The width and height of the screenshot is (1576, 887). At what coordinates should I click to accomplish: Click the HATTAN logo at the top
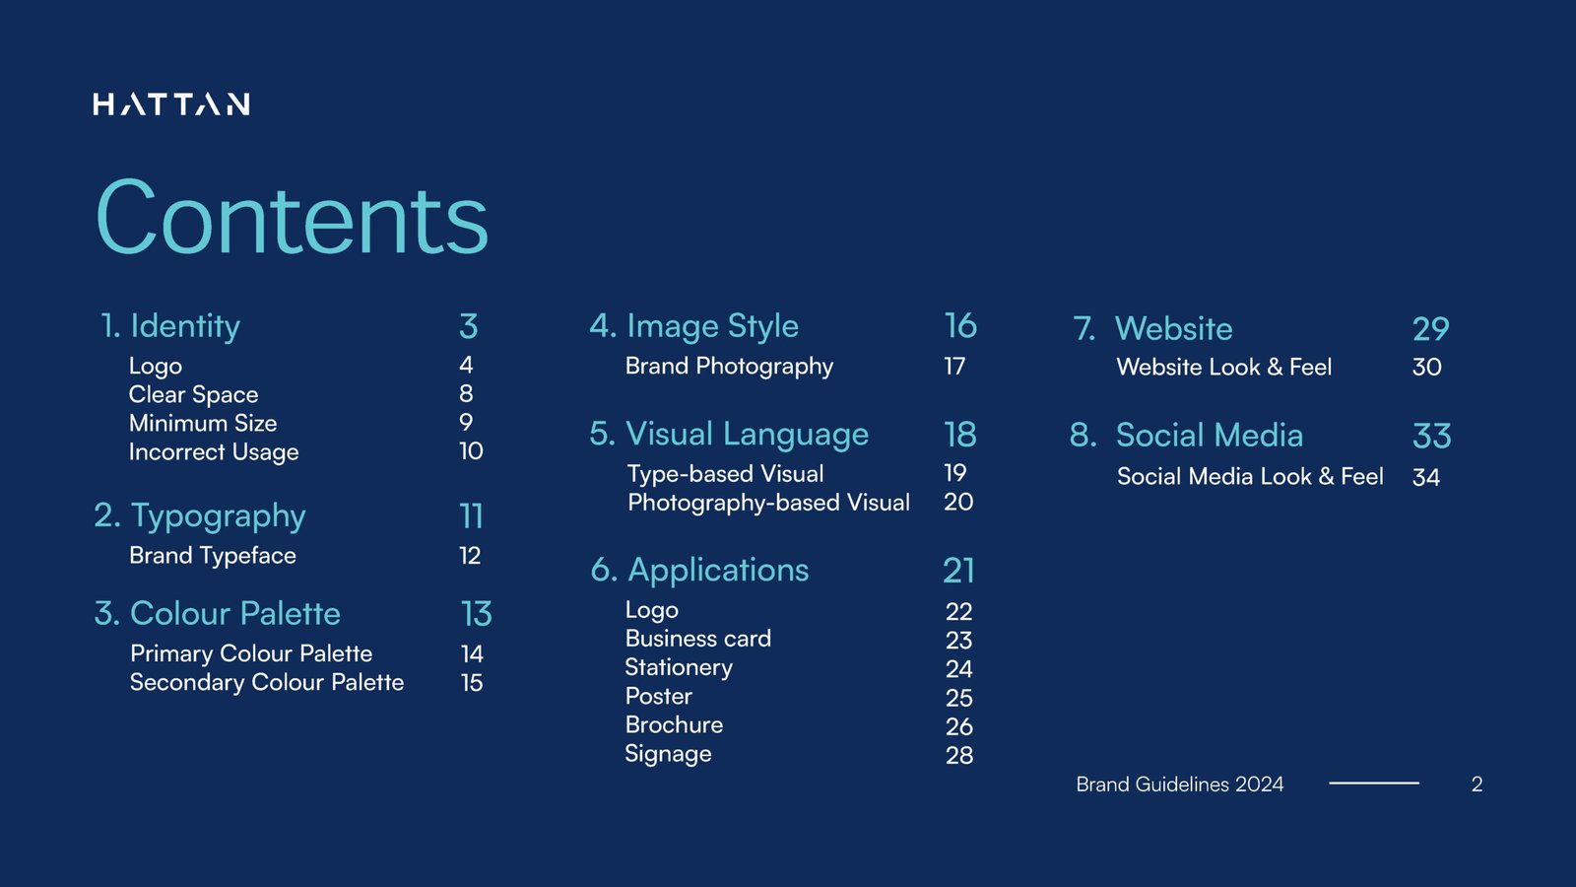[x=171, y=104]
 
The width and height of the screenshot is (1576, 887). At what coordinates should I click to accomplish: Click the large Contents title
[x=292, y=219]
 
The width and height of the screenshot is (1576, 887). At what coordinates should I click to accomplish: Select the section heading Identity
[x=185, y=326]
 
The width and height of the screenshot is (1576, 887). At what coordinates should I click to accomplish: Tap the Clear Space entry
[x=193, y=394]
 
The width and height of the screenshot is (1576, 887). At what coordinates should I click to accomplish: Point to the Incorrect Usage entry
[x=214, y=452]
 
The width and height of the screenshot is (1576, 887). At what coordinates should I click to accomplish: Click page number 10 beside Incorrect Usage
[x=471, y=451]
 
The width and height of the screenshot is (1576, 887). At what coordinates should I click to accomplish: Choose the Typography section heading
[x=218, y=515]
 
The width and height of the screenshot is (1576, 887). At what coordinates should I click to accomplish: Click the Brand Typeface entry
[x=213, y=556]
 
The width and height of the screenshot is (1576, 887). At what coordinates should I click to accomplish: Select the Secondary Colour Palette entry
[x=267, y=682]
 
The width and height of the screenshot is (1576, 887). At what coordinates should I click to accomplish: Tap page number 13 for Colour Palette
[x=477, y=614]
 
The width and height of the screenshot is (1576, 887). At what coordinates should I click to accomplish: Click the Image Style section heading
[x=712, y=326]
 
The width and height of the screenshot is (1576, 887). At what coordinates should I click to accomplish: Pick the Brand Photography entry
[x=729, y=367]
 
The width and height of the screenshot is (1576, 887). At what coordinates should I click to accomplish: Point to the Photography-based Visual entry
[x=768, y=503]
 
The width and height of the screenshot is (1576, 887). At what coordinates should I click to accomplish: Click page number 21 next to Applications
[x=958, y=571]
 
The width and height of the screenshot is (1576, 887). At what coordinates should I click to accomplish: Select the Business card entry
[x=698, y=639]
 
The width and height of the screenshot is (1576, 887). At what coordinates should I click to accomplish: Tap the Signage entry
[x=668, y=754]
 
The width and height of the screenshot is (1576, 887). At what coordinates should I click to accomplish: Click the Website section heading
[x=1173, y=329]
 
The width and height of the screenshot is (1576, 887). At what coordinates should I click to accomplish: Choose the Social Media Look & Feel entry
[x=1250, y=477]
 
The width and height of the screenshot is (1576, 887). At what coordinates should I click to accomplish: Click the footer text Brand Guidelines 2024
[x=1179, y=785]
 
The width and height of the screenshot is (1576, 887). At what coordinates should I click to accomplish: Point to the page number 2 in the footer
[x=1477, y=785]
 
